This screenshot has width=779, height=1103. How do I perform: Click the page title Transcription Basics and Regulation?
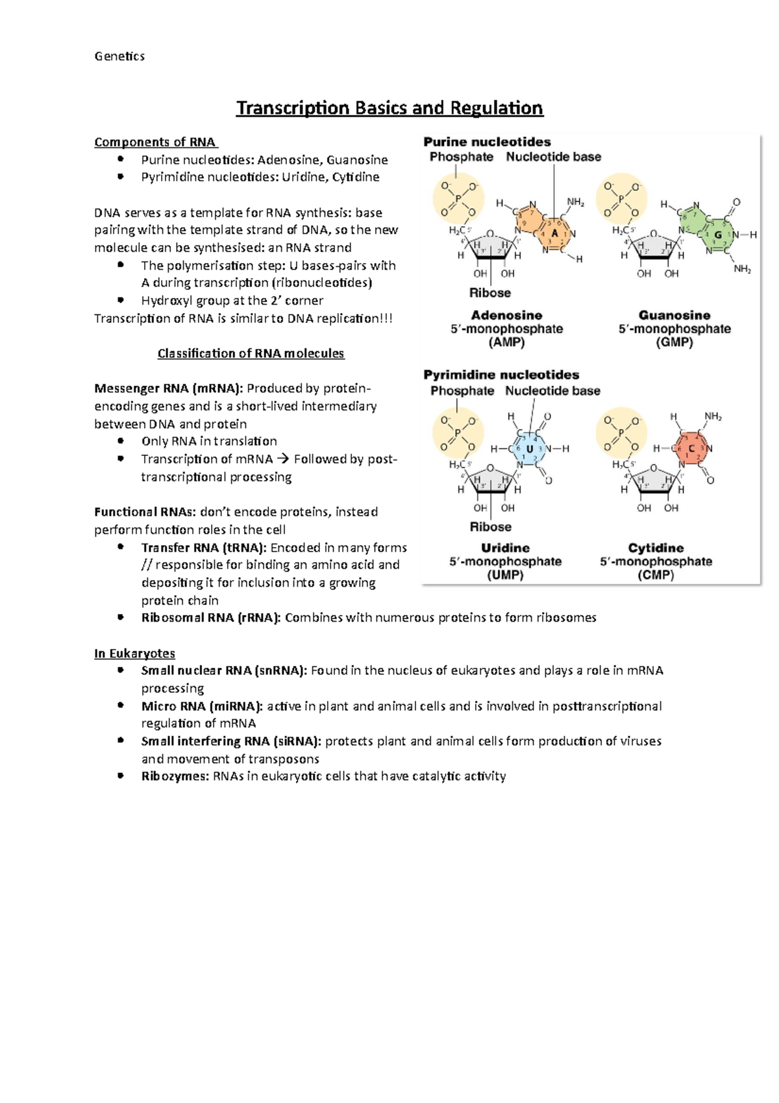click(x=389, y=108)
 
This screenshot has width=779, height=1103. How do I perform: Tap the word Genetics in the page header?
click(x=119, y=57)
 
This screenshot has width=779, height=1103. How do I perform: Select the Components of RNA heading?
click(x=156, y=142)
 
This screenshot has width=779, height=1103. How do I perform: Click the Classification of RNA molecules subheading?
click(x=251, y=353)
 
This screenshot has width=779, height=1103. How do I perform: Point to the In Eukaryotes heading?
click(x=134, y=653)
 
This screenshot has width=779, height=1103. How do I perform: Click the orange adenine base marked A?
click(x=554, y=233)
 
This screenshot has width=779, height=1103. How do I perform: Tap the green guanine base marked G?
click(x=717, y=235)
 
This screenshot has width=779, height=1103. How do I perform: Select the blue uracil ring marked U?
click(x=530, y=449)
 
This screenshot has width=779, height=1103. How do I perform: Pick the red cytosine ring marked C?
click(x=692, y=448)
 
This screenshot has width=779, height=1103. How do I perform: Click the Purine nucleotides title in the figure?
click(x=487, y=142)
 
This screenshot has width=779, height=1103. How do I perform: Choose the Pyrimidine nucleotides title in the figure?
click(x=501, y=375)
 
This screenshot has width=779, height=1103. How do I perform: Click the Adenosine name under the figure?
click(x=506, y=315)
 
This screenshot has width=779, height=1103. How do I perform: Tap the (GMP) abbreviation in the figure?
click(x=674, y=342)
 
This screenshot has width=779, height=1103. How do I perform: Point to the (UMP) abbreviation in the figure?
click(x=505, y=575)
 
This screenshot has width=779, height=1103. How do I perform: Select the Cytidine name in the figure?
click(x=656, y=548)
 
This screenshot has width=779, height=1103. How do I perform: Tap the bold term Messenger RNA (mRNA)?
click(x=169, y=388)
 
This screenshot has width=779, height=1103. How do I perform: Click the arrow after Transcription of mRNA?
click(x=282, y=459)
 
